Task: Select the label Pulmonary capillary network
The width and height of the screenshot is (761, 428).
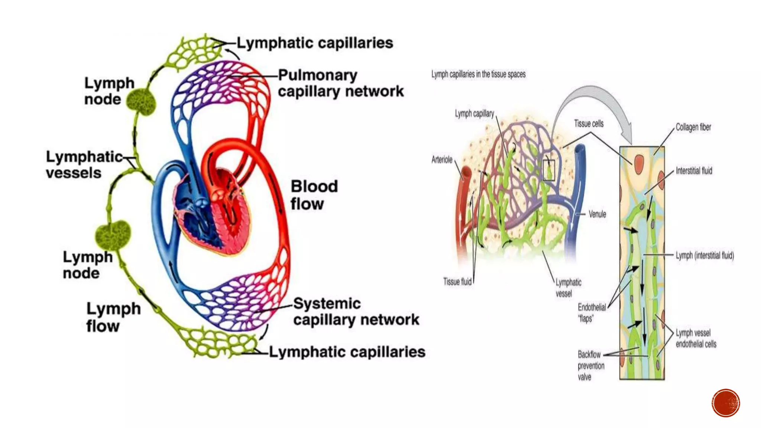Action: tap(340, 83)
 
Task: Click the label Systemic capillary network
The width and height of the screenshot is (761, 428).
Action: tap(356, 312)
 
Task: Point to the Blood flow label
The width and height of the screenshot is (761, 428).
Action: tap(314, 195)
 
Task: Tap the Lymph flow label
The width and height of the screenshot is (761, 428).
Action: tap(113, 317)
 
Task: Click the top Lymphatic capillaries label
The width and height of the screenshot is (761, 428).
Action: tap(315, 43)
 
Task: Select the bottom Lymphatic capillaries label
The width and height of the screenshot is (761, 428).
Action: tap(347, 352)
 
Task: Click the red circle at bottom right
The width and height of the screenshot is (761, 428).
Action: tap(726, 403)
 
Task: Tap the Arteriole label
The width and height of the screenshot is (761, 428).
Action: tap(442, 160)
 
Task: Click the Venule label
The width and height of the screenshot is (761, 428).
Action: tap(597, 214)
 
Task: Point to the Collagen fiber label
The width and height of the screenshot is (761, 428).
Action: tap(693, 127)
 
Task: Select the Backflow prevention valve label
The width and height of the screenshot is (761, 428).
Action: tap(590, 366)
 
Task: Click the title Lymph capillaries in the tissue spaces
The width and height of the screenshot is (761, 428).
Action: tap(478, 74)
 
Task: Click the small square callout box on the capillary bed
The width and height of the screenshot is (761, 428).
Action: tap(548, 171)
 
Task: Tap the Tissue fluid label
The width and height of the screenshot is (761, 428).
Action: tap(457, 282)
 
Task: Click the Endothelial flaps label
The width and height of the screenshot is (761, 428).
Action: tap(591, 312)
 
